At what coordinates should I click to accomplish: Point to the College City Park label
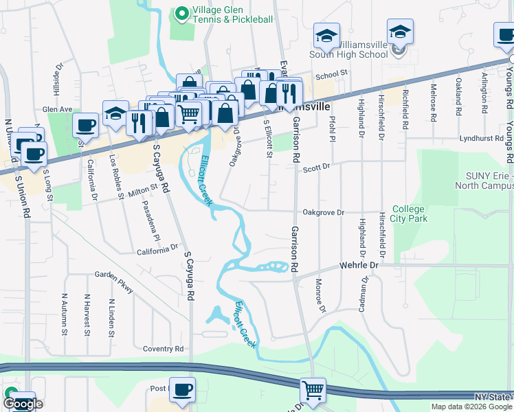coord(410,214)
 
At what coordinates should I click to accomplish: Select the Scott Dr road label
coord(317,166)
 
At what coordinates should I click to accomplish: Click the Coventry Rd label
coord(163,349)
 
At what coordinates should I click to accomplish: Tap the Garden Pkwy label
coord(115,281)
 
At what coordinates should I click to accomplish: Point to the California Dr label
coord(157,250)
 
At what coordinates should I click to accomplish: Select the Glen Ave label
coord(57,109)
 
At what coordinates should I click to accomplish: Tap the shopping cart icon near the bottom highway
coord(313,390)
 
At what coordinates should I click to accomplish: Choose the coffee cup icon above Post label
coord(182,390)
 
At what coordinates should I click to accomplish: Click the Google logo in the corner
coord(22,404)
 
